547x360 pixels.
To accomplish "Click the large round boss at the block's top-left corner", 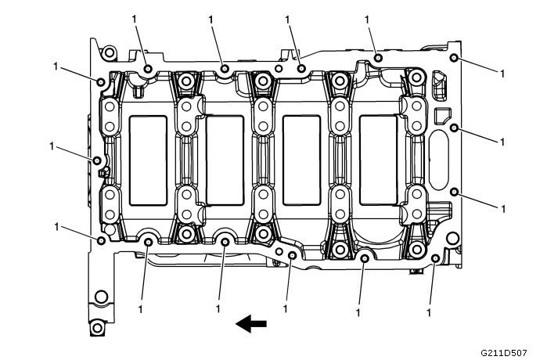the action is pyautogui.click(x=110, y=53).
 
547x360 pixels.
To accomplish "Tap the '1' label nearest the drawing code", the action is pyautogui.click(x=430, y=312).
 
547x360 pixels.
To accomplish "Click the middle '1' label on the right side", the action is pyautogui.click(x=502, y=141).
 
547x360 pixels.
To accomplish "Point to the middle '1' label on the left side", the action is pyautogui.click(x=52, y=146).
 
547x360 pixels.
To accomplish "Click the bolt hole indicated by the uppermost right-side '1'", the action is pyautogui.click(x=454, y=60).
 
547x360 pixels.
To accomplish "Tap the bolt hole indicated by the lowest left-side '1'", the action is pyautogui.click(x=102, y=239).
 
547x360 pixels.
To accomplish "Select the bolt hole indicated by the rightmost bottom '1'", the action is pyautogui.click(x=435, y=259).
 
